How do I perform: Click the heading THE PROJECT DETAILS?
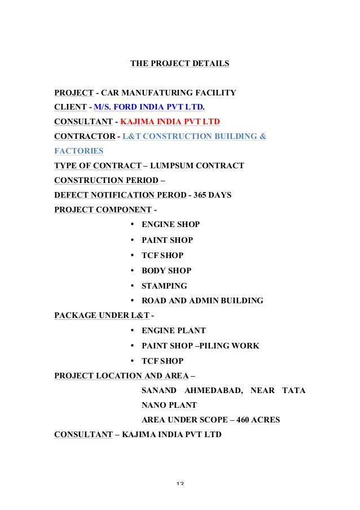click(179, 64)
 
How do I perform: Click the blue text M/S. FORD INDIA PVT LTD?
click(149, 107)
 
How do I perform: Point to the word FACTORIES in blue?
click(78, 151)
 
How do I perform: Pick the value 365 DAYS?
click(212, 195)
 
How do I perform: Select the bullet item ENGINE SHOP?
click(170, 224)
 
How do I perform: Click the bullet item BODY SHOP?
click(166, 271)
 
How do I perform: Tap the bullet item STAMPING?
click(164, 286)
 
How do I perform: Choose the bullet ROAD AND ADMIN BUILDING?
click(202, 301)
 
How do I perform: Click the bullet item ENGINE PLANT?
click(173, 330)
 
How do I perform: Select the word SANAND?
click(159, 390)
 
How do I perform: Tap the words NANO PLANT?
click(169, 405)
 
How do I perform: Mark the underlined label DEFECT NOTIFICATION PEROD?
click(120, 195)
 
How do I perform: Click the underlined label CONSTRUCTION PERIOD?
click(106, 180)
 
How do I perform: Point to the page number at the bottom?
click(181, 483)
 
